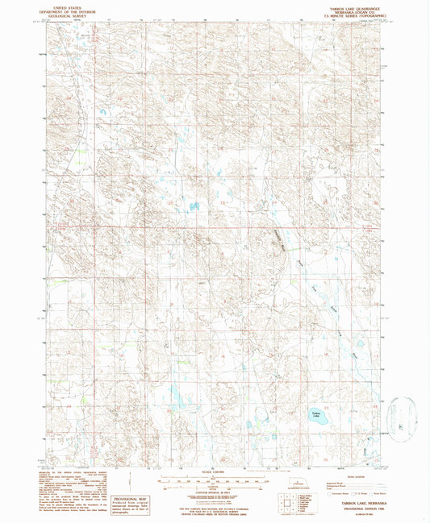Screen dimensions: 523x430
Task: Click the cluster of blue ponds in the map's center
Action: click(194, 207)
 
